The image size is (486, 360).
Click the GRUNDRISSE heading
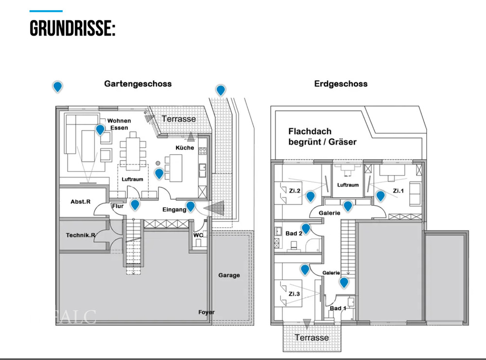(72, 28)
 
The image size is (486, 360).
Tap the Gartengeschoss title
(138, 84)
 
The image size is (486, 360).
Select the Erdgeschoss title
(341, 84)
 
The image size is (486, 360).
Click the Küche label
(184, 147)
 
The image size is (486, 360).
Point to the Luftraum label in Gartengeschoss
(132, 180)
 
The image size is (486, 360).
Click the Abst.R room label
(80, 201)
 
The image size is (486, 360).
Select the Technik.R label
(81, 235)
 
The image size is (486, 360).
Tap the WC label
(198, 235)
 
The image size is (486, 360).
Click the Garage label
(229, 275)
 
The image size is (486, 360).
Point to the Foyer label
(207, 312)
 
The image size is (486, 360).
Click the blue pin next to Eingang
(191, 206)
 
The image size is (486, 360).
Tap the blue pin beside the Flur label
(135, 204)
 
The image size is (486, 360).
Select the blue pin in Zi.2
(310, 196)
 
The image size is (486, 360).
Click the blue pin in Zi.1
(381, 196)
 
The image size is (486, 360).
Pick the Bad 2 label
(294, 234)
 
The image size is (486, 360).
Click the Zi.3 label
(293, 294)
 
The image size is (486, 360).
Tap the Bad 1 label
(338, 308)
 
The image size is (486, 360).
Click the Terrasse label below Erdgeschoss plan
(312, 337)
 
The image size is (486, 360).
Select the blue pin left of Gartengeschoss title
(57, 87)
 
